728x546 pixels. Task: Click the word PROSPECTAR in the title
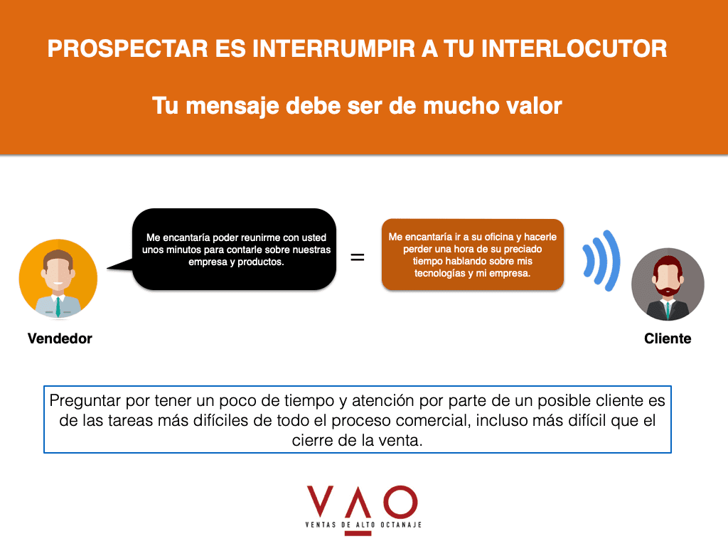pyautogui.click(x=128, y=49)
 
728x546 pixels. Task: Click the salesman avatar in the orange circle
pyautogui.click(x=58, y=278)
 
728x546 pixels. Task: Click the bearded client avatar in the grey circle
pyautogui.click(x=668, y=284)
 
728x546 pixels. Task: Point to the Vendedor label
pyautogui.click(x=60, y=338)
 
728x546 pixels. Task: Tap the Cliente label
pyautogui.click(x=668, y=338)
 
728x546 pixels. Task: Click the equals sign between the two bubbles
pyautogui.click(x=357, y=257)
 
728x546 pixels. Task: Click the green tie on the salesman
pyautogui.click(x=58, y=307)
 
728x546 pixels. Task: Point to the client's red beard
pyautogui.click(x=668, y=289)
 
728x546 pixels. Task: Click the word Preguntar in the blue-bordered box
pyautogui.click(x=85, y=401)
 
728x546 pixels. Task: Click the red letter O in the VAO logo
pyautogui.click(x=400, y=503)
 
